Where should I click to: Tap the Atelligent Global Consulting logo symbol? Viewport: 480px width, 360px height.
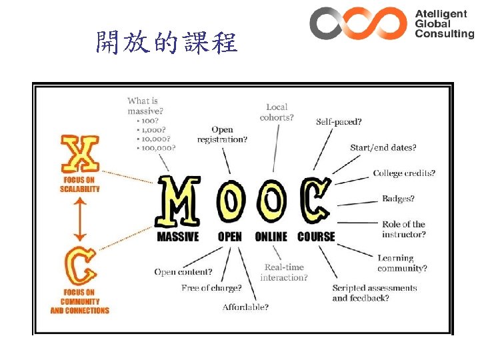pyautogui.click(x=358, y=23)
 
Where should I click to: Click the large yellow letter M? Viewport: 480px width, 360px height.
pyautogui.click(x=178, y=201)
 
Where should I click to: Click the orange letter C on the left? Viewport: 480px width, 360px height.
pyautogui.click(x=80, y=266)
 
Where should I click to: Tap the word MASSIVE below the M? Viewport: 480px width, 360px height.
pyautogui.click(x=177, y=237)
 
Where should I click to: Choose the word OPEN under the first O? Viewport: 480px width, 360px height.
pyautogui.click(x=230, y=237)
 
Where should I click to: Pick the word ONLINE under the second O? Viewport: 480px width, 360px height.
pyautogui.click(x=271, y=237)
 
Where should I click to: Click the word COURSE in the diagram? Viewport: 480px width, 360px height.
pyautogui.click(x=316, y=237)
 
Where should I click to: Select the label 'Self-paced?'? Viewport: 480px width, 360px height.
pyautogui.click(x=339, y=122)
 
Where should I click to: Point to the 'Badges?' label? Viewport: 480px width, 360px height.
pyautogui.click(x=398, y=199)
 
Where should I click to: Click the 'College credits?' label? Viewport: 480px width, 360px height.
pyautogui.click(x=404, y=173)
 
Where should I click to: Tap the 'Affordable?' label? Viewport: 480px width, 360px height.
pyautogui.click(x=246, y=307)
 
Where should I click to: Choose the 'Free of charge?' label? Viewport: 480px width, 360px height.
pyautogui.click(x=211, y=288)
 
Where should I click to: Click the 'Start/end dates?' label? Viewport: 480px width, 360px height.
pyautogui.click(x=383, y=147)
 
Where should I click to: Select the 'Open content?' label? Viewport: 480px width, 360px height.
pyautogui.click(x=183, y=272)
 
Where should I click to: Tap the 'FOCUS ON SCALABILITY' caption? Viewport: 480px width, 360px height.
pyautogui.click(x=80, y=184)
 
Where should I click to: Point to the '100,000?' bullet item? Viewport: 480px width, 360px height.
pyautogui.click(x=155, y=147)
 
